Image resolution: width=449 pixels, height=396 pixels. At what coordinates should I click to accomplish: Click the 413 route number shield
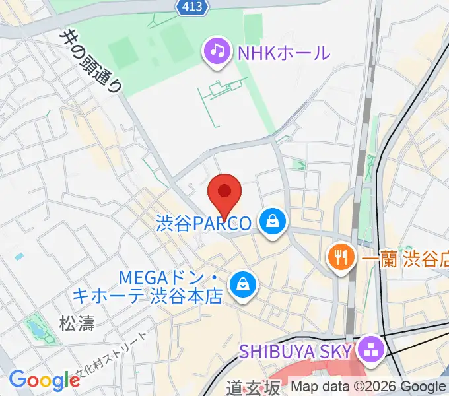pyautogui.click(x=193, y=7)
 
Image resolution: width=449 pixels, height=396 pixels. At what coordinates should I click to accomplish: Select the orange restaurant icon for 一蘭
pyautogui.click(x=341, y=257)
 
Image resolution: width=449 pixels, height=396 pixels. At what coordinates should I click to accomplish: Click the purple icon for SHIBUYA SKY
pyautogui.click(x=372, y=348)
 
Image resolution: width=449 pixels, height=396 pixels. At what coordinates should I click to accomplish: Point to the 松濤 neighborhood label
pyautogui.click(x=77, y=324)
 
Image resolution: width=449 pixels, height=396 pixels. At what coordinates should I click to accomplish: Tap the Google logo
pyautogui.click(x=44, y=380)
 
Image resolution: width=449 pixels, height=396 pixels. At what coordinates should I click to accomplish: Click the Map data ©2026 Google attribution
pyautogui.click(x=368, y=387)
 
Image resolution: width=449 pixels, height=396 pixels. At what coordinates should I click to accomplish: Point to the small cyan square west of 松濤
pyautogui.click(x=18, y=256)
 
